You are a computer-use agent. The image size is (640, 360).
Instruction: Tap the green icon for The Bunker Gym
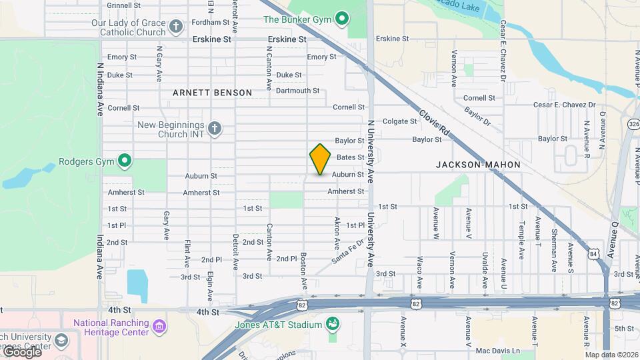pyautogui.click(x=342, y=18)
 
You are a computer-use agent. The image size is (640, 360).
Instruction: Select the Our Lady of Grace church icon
pyautogui.click(x=176, y=27)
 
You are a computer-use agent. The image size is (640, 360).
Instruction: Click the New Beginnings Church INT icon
pyautogui.click(x=214, y=129)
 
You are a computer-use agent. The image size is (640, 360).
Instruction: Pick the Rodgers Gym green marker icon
pyautogui.click(x=124, y=161)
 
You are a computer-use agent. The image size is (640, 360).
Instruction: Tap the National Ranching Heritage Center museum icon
pyautogui.click(x=159, y=327)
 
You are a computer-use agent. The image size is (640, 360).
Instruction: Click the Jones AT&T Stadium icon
pyautogui.click(x=332, y=324)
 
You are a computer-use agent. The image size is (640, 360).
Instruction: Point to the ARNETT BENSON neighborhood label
pyautogui.click(x=212, y=93)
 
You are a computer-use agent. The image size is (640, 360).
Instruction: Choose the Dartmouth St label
pyautogui.click(x=297, y=91)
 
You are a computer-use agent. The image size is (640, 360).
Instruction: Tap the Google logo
pyautogui.click(x=21, y=352)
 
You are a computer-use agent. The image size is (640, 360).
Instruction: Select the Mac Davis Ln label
pyautogui.click(x=497, y=351)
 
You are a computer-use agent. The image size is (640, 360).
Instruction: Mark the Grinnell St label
pyautogui.click(x=123, y=5)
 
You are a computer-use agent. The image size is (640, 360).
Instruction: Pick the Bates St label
pyautogui.click(x=350, y=157)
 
